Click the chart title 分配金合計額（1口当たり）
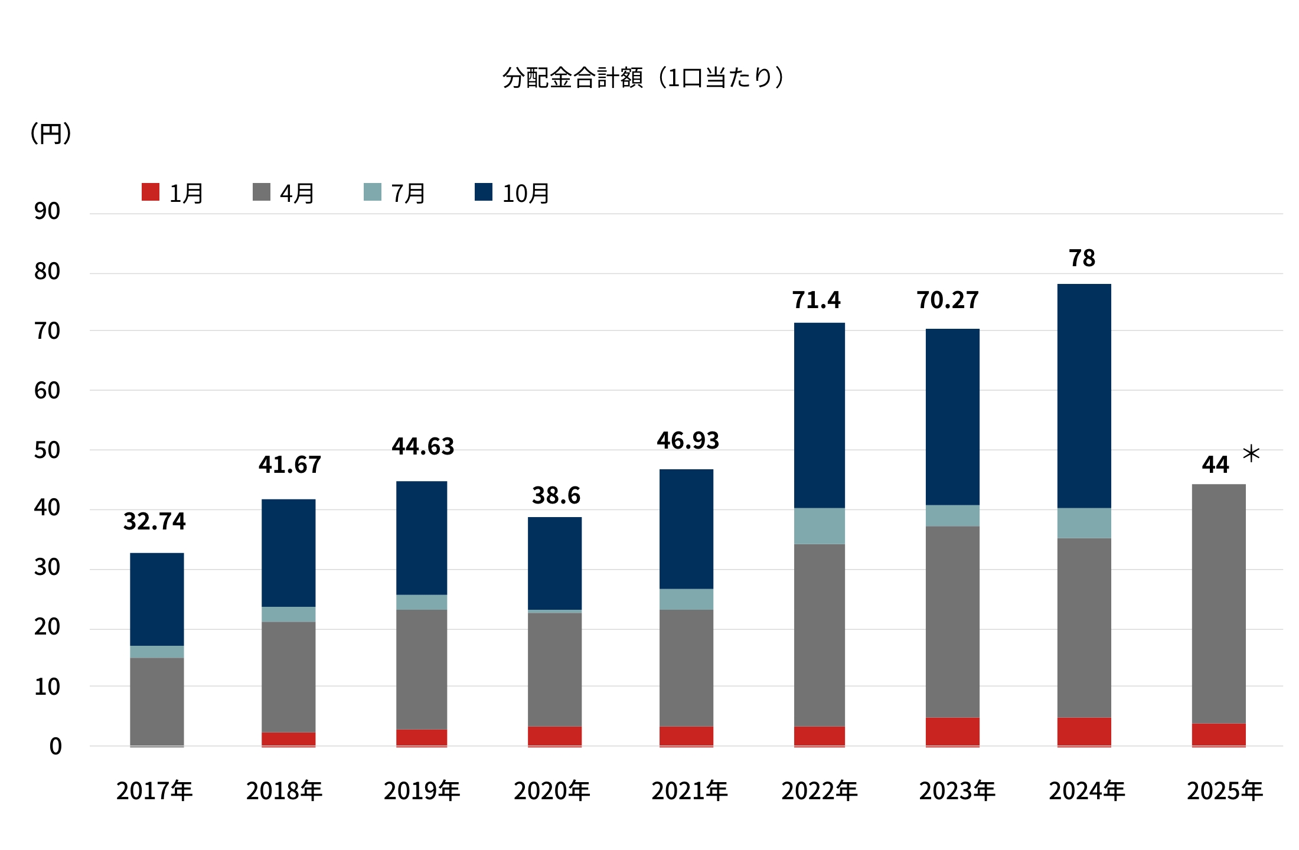[x=644, y=77]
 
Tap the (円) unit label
[x=51, y=133]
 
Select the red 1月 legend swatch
[x=151, y=192]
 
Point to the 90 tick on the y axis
[x=47, y=211]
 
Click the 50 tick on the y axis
[x=47, y=450]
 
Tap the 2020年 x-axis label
[x=551, y=790]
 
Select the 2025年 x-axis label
[x=1225, y=790]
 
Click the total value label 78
[x=1082, y=258]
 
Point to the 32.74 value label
[x=154, y=521]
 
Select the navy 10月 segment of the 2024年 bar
[x=1084, y=395]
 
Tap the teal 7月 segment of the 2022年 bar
[x=819, y=525]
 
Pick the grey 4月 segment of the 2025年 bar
[x=1219, y=602]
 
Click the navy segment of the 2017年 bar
[x=157, y=599]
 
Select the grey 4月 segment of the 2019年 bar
[x=422, y=669]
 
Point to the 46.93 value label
[x=688, y=440]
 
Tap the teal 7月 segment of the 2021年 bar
[x=686, y=599]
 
